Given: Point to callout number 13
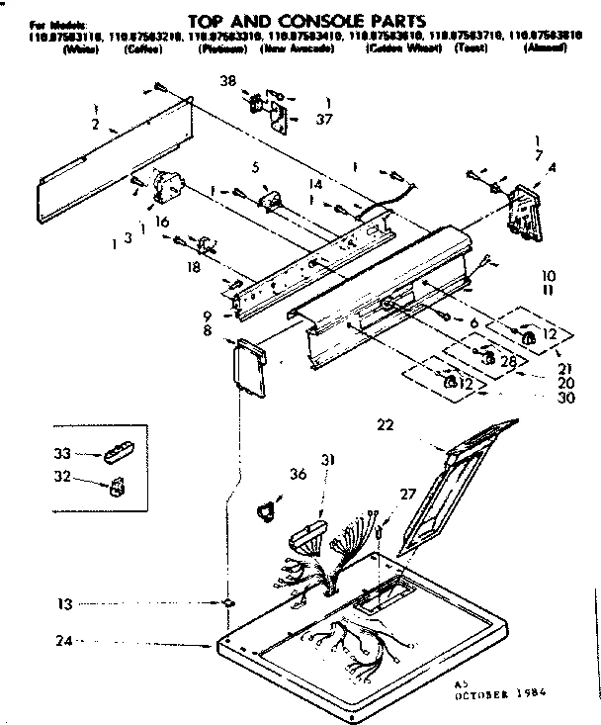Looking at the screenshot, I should [36, 602].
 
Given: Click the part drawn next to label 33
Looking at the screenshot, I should [115, 453].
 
